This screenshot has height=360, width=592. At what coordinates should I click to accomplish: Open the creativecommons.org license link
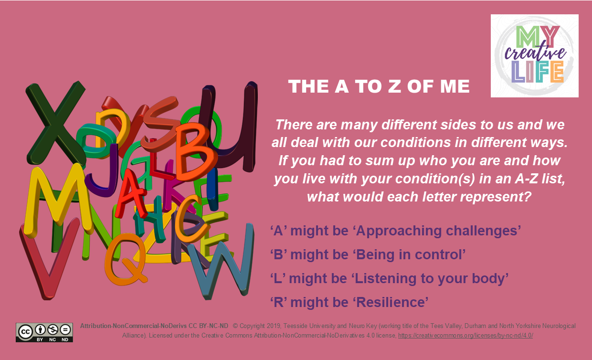click(465, 335)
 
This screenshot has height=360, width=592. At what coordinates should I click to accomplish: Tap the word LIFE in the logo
click(537, 72)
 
